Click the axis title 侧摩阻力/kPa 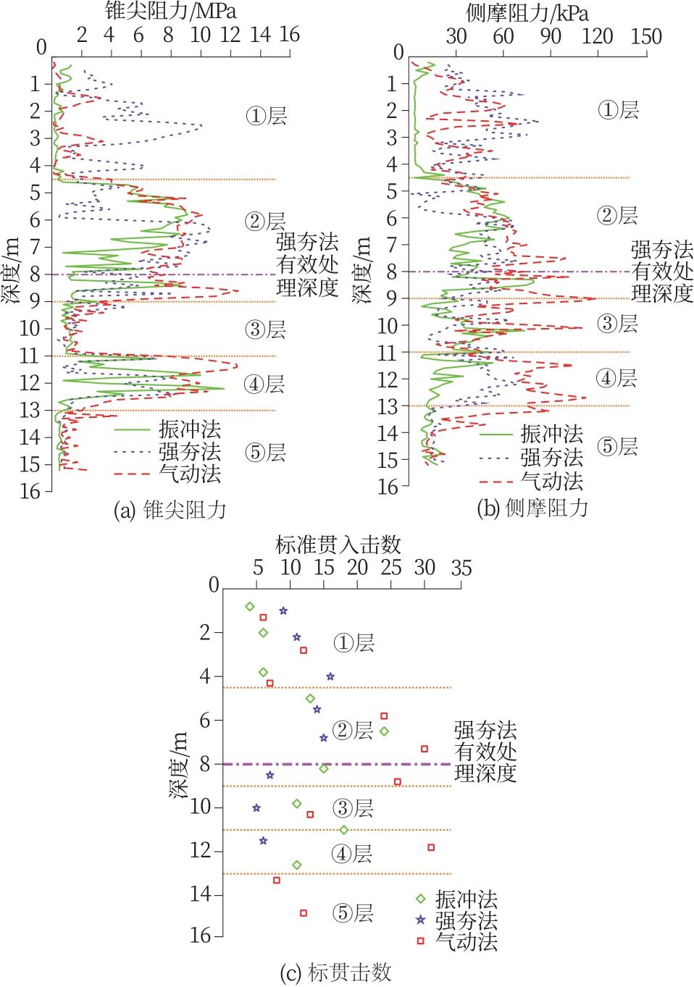tap(527, 12)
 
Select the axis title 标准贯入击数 tap(339, 544)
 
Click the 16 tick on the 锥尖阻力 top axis tap(289, 35)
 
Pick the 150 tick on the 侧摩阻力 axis tap(646, 36)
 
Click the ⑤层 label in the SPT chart tap(353, 913)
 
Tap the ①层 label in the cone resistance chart tap(266, 115)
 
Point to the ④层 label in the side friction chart tap(617, 377)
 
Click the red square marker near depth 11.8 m tap(431, 847)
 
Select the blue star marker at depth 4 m tap(330, 676)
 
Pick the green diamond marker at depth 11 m tap(343, 830)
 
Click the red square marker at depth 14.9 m tap(304, 913)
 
